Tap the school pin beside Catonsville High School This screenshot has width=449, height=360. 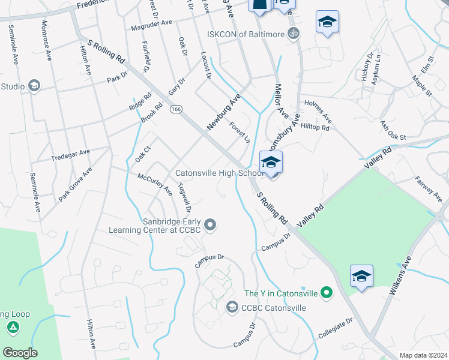click(x=271, y=163)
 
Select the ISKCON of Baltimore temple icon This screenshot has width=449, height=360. click(x=293, y=34)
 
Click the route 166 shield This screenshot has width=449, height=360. click(x=175, y=109)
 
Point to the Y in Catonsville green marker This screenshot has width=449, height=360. click(x=326, y=293)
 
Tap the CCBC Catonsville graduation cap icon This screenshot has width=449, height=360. click(x=232, y=308)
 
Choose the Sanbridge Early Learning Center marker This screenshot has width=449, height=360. click(x=210, y=225)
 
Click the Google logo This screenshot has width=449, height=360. click(x=20, y=352)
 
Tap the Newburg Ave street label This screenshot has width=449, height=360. click(x=223, y=112)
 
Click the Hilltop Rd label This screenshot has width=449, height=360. click(x=315, y=128)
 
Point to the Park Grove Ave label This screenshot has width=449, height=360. click(x=76, y=184)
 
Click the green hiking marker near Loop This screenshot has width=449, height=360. click(x=12, y=328)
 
